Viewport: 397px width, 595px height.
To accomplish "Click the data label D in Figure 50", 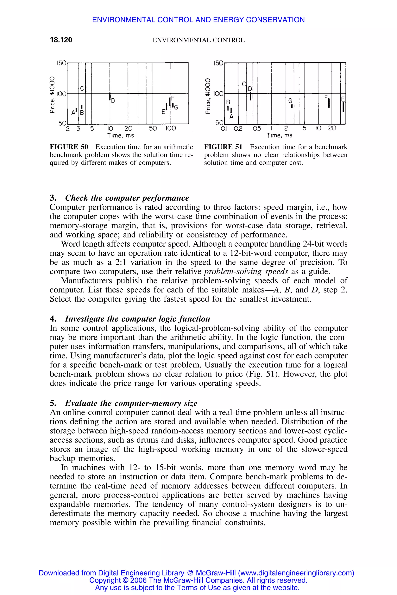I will tap(113, 101).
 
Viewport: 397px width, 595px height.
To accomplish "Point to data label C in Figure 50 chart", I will tap(82, 89).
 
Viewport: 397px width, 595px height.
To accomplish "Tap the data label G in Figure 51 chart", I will tap(290, 101).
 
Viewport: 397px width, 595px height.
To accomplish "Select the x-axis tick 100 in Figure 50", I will tap(171, 129).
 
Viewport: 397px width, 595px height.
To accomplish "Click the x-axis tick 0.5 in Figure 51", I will tap(257, 129).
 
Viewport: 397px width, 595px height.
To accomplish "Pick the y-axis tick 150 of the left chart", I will tap(61, 63).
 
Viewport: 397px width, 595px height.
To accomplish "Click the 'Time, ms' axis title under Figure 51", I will tap(279, 136).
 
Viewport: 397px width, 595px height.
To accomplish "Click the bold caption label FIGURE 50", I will tap(69, 147).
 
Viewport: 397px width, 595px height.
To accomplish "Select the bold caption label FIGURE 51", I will tap(223, 147).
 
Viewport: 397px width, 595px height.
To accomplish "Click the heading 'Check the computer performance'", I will tap(127, 198).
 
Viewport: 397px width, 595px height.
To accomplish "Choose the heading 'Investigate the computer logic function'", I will tap(137, 319).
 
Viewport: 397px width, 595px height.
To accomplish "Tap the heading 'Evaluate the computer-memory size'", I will tap(131, 403).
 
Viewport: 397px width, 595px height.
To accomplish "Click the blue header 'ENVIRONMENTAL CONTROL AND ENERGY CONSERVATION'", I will tap(198, 20).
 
